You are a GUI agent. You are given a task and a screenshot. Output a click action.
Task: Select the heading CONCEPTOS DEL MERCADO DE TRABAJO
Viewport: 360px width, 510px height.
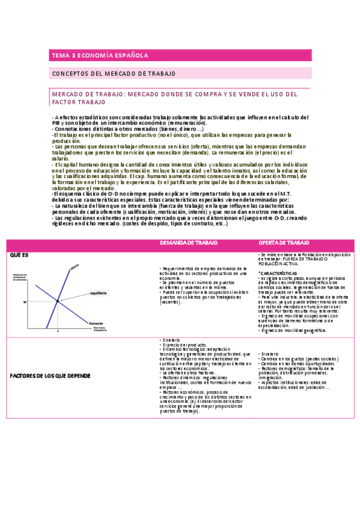click(114, 73)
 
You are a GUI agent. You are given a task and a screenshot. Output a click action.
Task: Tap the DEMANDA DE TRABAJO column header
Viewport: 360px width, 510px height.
click(185, 243)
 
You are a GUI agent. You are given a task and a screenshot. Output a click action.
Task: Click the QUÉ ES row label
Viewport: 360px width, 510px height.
click(19, 255)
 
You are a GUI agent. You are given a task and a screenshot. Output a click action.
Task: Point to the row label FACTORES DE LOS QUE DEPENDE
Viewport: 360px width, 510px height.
click(50, 376)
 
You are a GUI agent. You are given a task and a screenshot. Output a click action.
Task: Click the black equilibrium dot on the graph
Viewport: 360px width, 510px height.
click(58, 300)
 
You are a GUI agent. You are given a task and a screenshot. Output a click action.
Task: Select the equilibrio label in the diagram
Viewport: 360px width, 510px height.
click(98, 293)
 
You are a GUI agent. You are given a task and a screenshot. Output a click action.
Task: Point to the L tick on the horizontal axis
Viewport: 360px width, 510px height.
click(58, 331)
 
